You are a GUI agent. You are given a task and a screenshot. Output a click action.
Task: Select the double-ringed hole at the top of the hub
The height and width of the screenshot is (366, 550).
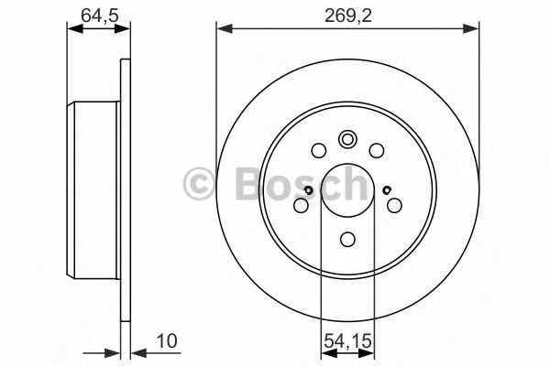pyautogui.click(x=348, y=139)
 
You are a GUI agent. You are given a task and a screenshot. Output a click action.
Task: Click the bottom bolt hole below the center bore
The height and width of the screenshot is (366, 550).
pyautogui.click(x=348, y=240)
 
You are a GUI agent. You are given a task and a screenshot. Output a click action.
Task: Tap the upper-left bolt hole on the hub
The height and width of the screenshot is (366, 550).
pyautogui.click(x=319, y=151)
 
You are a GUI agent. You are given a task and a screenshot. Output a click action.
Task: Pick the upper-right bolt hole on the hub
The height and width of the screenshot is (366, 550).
pyautogui.click(x=377, y=151)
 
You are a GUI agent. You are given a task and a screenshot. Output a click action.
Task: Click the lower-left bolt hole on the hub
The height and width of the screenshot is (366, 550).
pyautogui.click(x=300, y=207)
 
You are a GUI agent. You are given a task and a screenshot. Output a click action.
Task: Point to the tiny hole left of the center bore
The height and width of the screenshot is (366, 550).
pyautogui.click(x=309, y=190)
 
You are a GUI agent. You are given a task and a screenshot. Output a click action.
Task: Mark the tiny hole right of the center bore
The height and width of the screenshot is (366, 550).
pyautogui.click(x=388, y=190)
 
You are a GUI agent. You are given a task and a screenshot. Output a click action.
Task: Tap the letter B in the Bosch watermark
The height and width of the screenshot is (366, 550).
pyautogui.click(x=239, y=186)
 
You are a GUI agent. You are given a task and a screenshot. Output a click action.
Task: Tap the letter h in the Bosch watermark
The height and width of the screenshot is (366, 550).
pyautogui.click(x=348, y=186)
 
